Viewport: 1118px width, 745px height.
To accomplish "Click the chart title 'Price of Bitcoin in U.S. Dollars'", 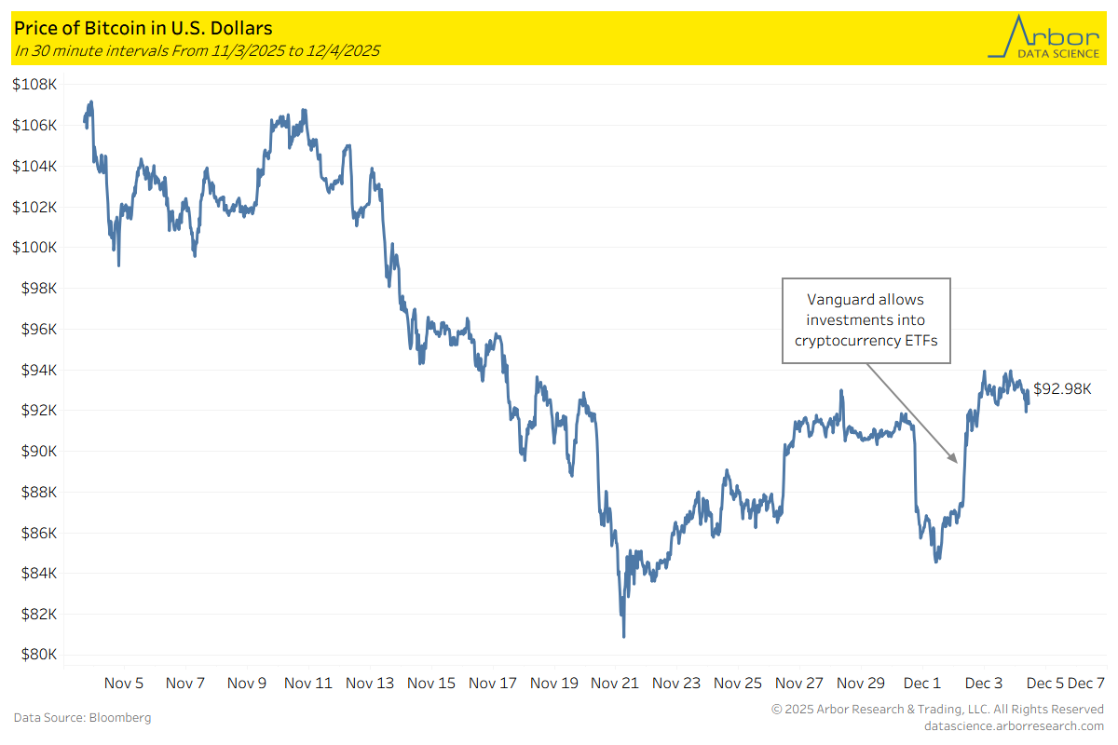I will click(x=143, y=29).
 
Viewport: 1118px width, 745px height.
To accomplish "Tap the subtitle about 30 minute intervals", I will click(x=197, y=50).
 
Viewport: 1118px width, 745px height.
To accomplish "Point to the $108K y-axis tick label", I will click(x=36, y=85).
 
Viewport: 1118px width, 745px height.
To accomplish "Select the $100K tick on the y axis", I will click(x=36, y=248).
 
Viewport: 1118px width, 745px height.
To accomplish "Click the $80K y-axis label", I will click(x=39, y=655).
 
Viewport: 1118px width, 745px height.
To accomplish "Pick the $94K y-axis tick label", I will click(x=39, y=370).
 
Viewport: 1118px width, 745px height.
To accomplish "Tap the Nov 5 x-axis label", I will click(x=124, y=683).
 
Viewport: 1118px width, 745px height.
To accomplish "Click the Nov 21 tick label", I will click(x=616, y=683).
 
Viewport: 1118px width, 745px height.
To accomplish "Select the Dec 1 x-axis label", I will click(x=923, y=683).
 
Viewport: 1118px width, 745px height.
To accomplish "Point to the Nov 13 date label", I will click(x=370, y=683).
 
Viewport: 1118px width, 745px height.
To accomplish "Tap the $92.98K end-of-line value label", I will click(x=1062, y=389).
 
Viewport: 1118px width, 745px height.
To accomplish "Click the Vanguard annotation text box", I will click(x=866, y=319).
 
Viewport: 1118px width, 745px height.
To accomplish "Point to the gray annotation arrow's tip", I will click(x=956, y=462).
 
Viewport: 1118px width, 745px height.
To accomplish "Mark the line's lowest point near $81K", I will click(x=623, y=636).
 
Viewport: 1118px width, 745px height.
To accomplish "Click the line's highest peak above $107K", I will click(x=90, y=102).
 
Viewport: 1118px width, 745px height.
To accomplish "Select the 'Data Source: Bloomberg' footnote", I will click(x=82, y=718).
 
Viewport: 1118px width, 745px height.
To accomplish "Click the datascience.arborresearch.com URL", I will click(x=1014, y=725).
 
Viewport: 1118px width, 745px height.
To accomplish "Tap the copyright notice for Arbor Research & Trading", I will click(x=937, y=710).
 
